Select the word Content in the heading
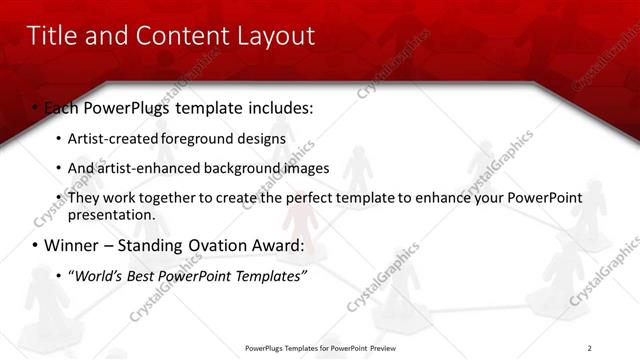(174, 37)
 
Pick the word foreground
(200, 138)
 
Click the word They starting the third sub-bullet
(83, 198)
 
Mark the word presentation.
(111, 214)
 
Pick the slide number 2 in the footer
(590, 348)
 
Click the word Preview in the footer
(388, 348)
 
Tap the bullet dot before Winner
(35, 246)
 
